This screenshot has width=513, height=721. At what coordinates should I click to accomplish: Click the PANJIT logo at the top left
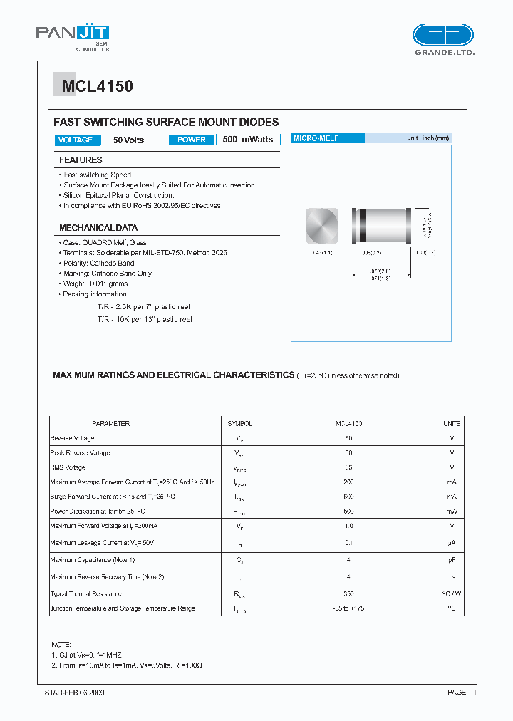(x=73, y=36)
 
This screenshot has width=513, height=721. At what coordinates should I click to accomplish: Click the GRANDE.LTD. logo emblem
(x=442, y=36)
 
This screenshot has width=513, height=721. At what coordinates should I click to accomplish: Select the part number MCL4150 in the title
(x=97, y=87)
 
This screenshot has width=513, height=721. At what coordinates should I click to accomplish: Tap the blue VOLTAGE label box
(x=76, y=140)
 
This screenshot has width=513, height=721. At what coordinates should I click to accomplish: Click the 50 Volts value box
(x=128, y=140)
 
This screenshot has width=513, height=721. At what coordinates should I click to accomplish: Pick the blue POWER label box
(x=192, y=140)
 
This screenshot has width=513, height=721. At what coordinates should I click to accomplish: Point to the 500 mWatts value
(x=248, y=140)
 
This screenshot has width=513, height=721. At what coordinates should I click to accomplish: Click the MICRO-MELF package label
(x=316, y=138)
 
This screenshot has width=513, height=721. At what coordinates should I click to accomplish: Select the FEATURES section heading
(x=81, y=160)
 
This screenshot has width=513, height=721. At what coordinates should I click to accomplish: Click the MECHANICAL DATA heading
(x=98, y=228)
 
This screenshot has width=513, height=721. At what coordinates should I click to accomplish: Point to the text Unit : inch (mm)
(x=427, y=138)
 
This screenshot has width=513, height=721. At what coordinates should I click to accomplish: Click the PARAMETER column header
(x=110, y=423)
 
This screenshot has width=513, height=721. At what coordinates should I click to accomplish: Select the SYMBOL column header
(x=239, y=423)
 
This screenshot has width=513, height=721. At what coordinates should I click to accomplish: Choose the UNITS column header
(x=452, y=423)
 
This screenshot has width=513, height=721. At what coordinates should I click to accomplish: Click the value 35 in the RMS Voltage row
(x=349, y=467)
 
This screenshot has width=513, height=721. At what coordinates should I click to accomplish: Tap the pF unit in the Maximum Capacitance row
(x=452, y=561)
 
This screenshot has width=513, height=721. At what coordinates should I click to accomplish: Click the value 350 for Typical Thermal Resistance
(x=349, y=593)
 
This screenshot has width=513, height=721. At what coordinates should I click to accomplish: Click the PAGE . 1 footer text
(x=462, y=692)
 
